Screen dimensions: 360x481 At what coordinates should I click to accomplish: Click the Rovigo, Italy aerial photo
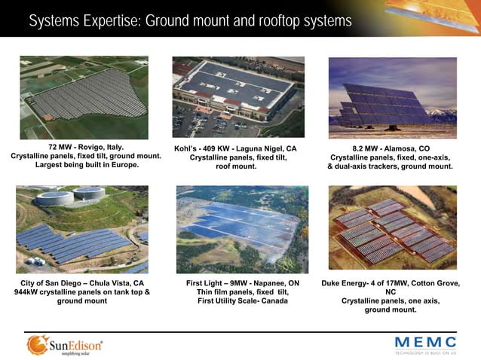point(84,97)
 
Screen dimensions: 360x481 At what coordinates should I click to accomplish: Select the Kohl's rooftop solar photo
point(238,97)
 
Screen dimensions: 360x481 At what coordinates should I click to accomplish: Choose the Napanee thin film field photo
point(242,230)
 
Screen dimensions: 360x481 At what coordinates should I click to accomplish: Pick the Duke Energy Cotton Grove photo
point(392,230)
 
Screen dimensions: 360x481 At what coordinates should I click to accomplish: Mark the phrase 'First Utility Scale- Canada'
point(243,301)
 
